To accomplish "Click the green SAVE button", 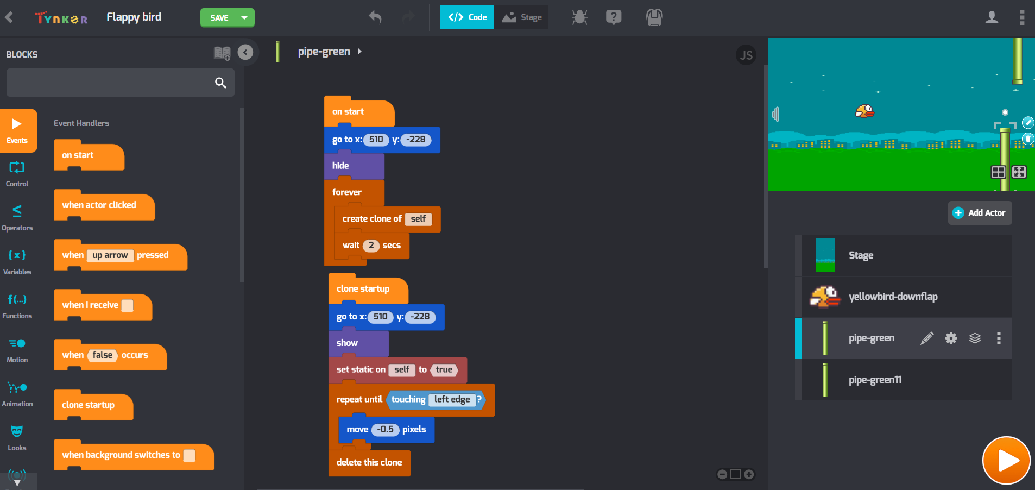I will tap(219, 18).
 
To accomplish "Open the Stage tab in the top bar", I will tap(522, 17).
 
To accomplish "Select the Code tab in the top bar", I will tap(467, 17).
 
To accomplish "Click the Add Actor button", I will tap(980, 213).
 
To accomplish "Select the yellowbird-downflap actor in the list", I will tap(893, 297).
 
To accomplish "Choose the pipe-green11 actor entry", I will tap(875, 380).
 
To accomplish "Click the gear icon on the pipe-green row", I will tap(951, 338).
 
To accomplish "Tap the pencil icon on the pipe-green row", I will tap(927, 338).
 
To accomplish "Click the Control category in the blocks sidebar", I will tap(17, 174).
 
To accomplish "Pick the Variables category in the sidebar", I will tap(17, 262).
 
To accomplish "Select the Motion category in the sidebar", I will tap(17, 350).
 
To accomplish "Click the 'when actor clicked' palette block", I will tap(99, 205).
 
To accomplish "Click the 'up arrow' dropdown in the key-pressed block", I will tap(110, 255).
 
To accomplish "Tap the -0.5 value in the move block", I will tap(386, 429).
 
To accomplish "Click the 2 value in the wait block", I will tap(371, 246).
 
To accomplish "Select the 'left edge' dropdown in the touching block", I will tap(452, 400).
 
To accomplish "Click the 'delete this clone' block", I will tap(369, 463).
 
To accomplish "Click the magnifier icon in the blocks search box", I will tap(220, 83).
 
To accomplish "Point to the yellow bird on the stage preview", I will tap(864, 111).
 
